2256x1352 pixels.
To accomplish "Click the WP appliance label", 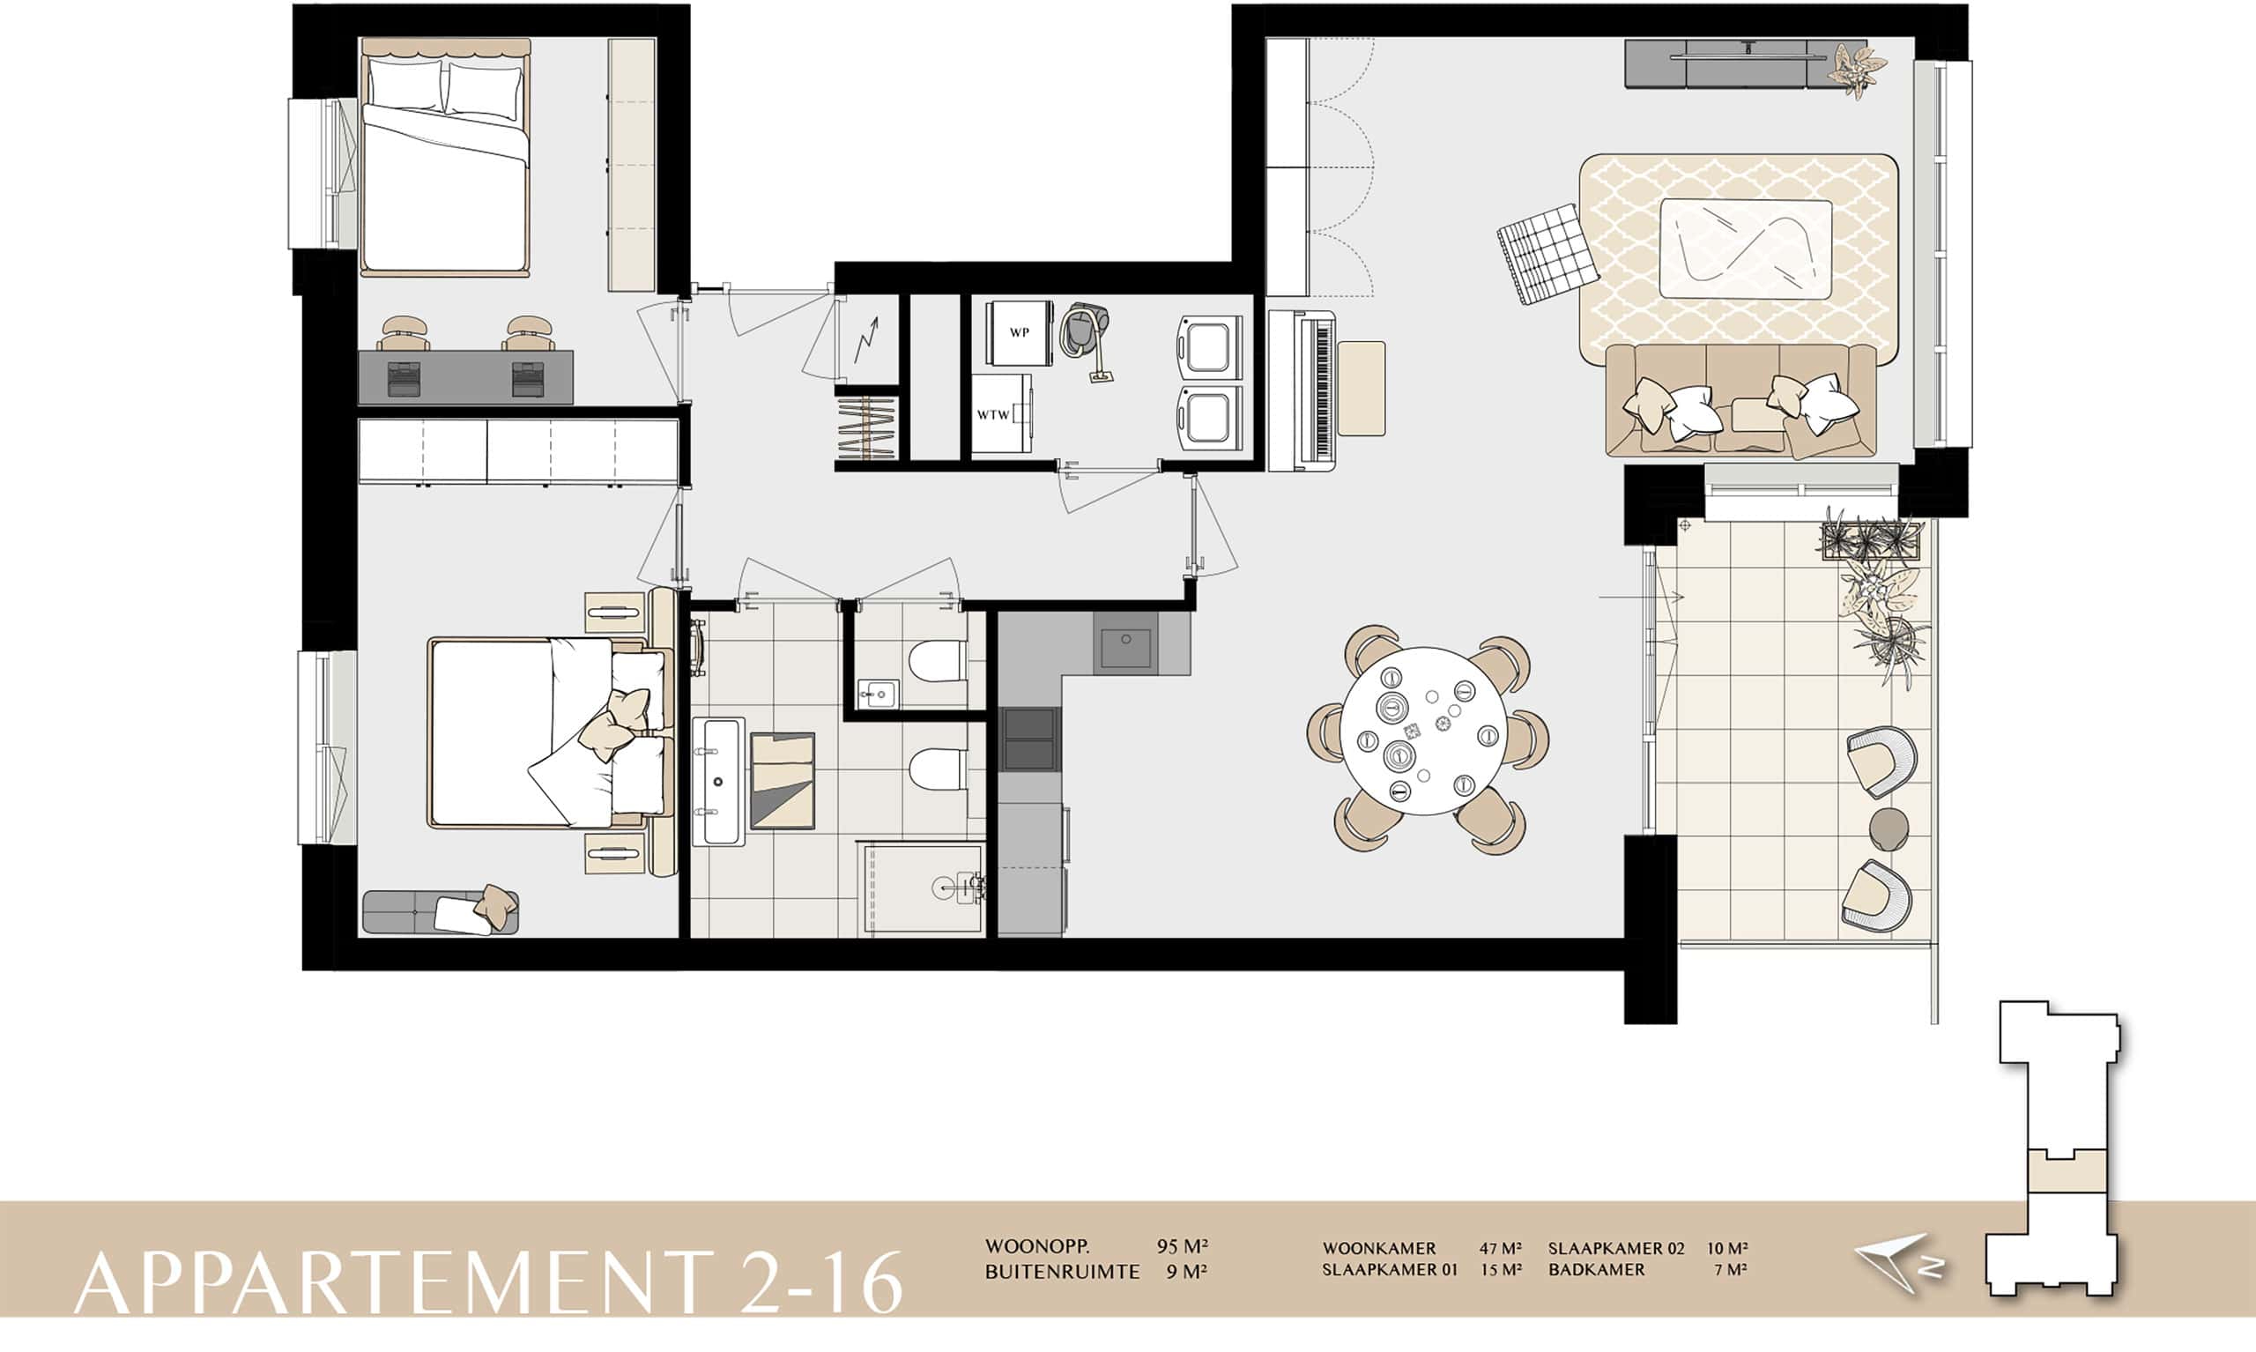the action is coord(1019,332).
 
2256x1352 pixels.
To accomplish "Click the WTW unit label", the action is coord(993,414).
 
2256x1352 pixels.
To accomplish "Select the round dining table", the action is coord(1429,731).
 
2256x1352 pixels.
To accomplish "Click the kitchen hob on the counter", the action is coord(1030,739).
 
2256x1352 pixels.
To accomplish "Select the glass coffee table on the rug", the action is coord(1746,249).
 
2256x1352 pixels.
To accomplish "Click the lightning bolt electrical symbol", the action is coord(866,339).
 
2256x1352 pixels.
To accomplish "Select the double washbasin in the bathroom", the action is coord(718,782).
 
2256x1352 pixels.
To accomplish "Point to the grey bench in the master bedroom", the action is coord(441,911).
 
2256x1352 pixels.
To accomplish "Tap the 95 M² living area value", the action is coord(1182,1245).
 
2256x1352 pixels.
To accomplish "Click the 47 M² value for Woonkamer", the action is coord(1500,1248).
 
